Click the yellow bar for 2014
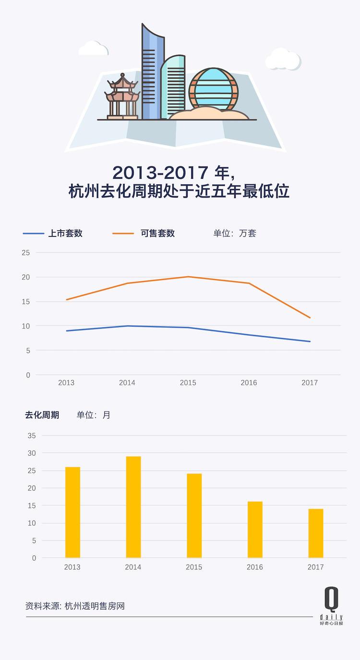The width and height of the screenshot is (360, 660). (133, 507)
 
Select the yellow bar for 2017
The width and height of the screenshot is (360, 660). (316, 533)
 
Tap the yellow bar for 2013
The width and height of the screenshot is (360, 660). (72, 512)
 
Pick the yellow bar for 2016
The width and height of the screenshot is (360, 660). (255, 530)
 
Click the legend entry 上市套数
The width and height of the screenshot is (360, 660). (65, 234)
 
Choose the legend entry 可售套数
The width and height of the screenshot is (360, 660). (157, 234)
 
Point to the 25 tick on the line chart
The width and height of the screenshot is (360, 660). (26, 253)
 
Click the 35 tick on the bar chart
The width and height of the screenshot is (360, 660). (32, 436)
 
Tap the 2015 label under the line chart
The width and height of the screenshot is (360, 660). (188, 383)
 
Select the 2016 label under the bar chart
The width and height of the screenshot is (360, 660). (255, 567)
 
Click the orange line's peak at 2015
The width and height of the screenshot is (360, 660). (188, 277)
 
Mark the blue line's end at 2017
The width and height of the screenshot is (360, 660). (310, 342)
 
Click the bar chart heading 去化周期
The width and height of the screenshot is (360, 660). (42, 415)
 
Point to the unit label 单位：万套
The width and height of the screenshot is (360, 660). (235, 234)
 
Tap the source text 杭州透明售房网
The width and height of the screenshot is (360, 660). (95, 606)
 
